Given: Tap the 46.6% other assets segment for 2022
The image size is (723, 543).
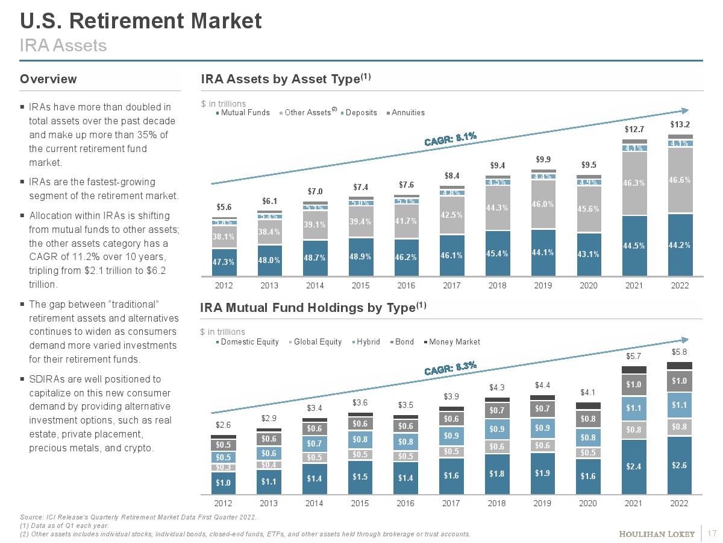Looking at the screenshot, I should tap(679, 180).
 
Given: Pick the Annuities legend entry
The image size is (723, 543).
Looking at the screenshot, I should tap(408, 113).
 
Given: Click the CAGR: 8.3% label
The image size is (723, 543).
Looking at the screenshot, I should tap(450, 368).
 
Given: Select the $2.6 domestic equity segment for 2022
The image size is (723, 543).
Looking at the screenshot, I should tap(679, 465).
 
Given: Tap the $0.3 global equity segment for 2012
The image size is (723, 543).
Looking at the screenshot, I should tap(224, 468).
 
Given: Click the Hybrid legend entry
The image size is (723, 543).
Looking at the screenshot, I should tap(368, 342).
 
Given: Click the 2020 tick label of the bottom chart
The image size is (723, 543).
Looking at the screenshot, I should tap(587, 503).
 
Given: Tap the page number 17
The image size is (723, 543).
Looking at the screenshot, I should tap(713, 534).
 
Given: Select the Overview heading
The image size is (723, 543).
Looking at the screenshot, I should tap(48, 79).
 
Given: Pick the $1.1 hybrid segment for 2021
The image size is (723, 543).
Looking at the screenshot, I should tap(633, 408).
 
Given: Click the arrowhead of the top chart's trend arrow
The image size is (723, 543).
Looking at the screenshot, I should tap(684, 110).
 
